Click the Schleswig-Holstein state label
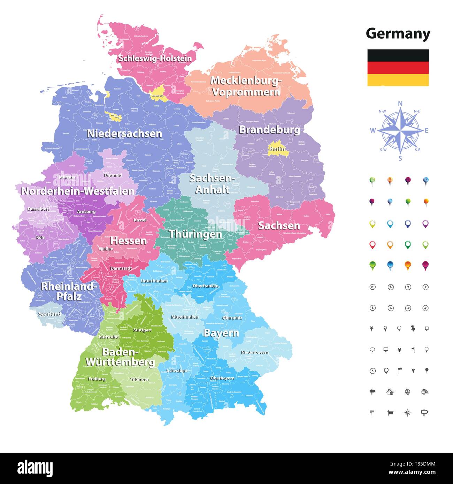pos(155,58)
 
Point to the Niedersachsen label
pos(124,133)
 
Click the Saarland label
pos(49,314)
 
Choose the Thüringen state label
pos(195,234)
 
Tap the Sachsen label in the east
pos(279,225)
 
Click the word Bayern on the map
pos(221,333)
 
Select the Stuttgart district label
pos(142,330)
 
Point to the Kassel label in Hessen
pos(140,220)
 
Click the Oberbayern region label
pos(222,378)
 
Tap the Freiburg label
pos(97,379)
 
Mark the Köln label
pos(40,238)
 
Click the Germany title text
pos(398,34)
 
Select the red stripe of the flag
pos(398,68)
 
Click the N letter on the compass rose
pos(400,103)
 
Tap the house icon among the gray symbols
pos(390,392)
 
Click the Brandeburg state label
pos(269,130)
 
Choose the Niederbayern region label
pos(254,353)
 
